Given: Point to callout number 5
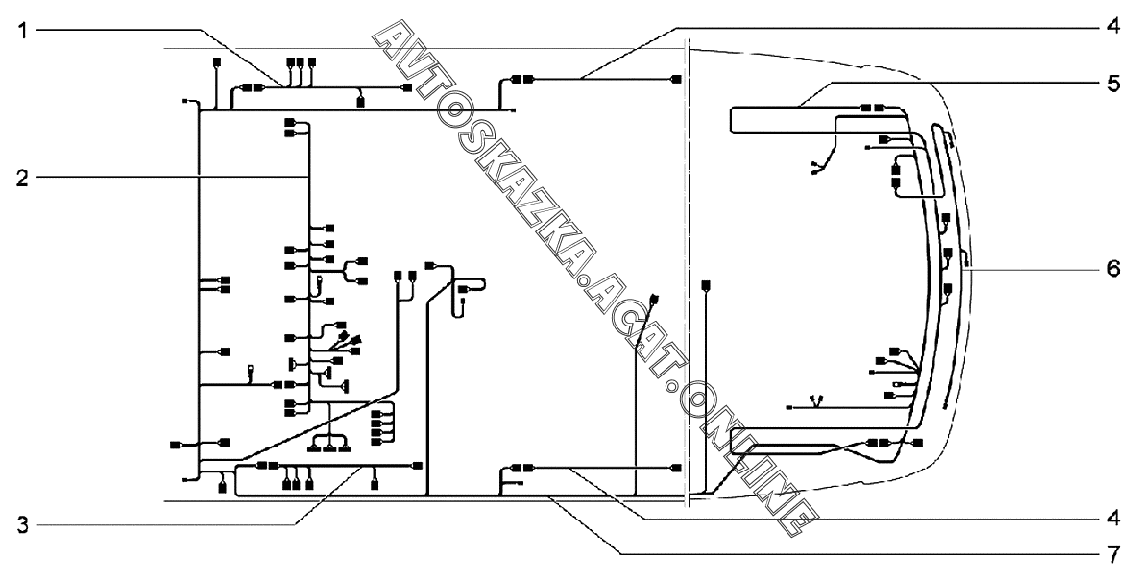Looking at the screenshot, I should [1111, 83].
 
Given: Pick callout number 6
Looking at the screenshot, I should [1111, 270].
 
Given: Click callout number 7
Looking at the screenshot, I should [1111, 555].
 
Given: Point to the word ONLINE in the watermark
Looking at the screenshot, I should [748, 457].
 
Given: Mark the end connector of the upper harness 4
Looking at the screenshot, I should [676, 79].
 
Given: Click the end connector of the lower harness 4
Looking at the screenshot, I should [676, 468].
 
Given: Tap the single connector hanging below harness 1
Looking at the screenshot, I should [360, 100].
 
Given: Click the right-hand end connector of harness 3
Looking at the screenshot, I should [416, 466].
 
